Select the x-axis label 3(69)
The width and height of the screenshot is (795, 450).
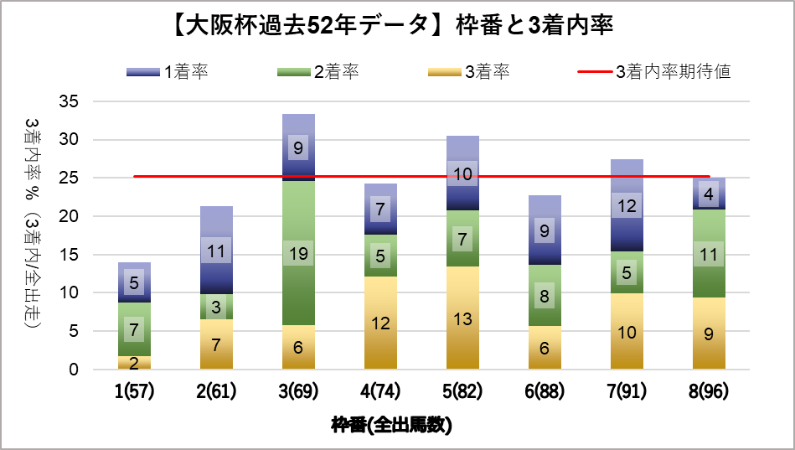(298, 391)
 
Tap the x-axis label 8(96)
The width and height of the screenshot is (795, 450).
(709, 391)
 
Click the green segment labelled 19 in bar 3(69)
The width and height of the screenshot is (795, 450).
(298, 253)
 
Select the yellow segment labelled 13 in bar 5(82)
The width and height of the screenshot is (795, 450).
(462, 318)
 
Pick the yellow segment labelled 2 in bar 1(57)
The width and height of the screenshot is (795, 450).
(134, 362)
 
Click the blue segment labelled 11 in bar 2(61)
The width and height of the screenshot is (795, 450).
(216, 250)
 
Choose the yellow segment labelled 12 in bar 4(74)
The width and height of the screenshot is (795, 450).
(380, 323)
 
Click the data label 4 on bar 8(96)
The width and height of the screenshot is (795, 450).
(709, 194)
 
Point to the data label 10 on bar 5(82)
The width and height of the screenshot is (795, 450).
(462, 173)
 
